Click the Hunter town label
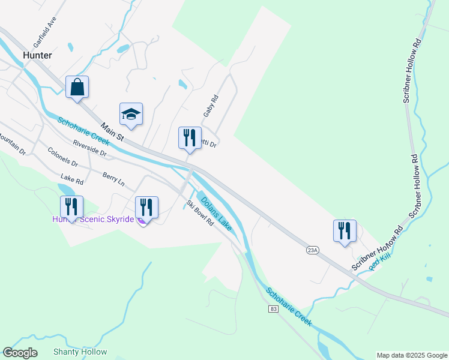(37, 55)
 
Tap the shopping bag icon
(77, 87)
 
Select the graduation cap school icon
(131, 113)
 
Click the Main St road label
(112, 133)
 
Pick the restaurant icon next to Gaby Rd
(190, 138)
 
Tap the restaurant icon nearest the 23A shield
(345, 231)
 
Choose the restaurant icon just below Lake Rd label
(71, 207)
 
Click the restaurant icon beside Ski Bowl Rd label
(146, 208)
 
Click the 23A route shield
(312, 250)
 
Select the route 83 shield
(274, 308)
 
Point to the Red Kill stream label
(380, 262)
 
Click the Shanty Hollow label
(80, 352)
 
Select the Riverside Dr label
(89, 149)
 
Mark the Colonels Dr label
(63, 158)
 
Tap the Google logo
(20, 353)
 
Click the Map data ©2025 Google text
(411, 355)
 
